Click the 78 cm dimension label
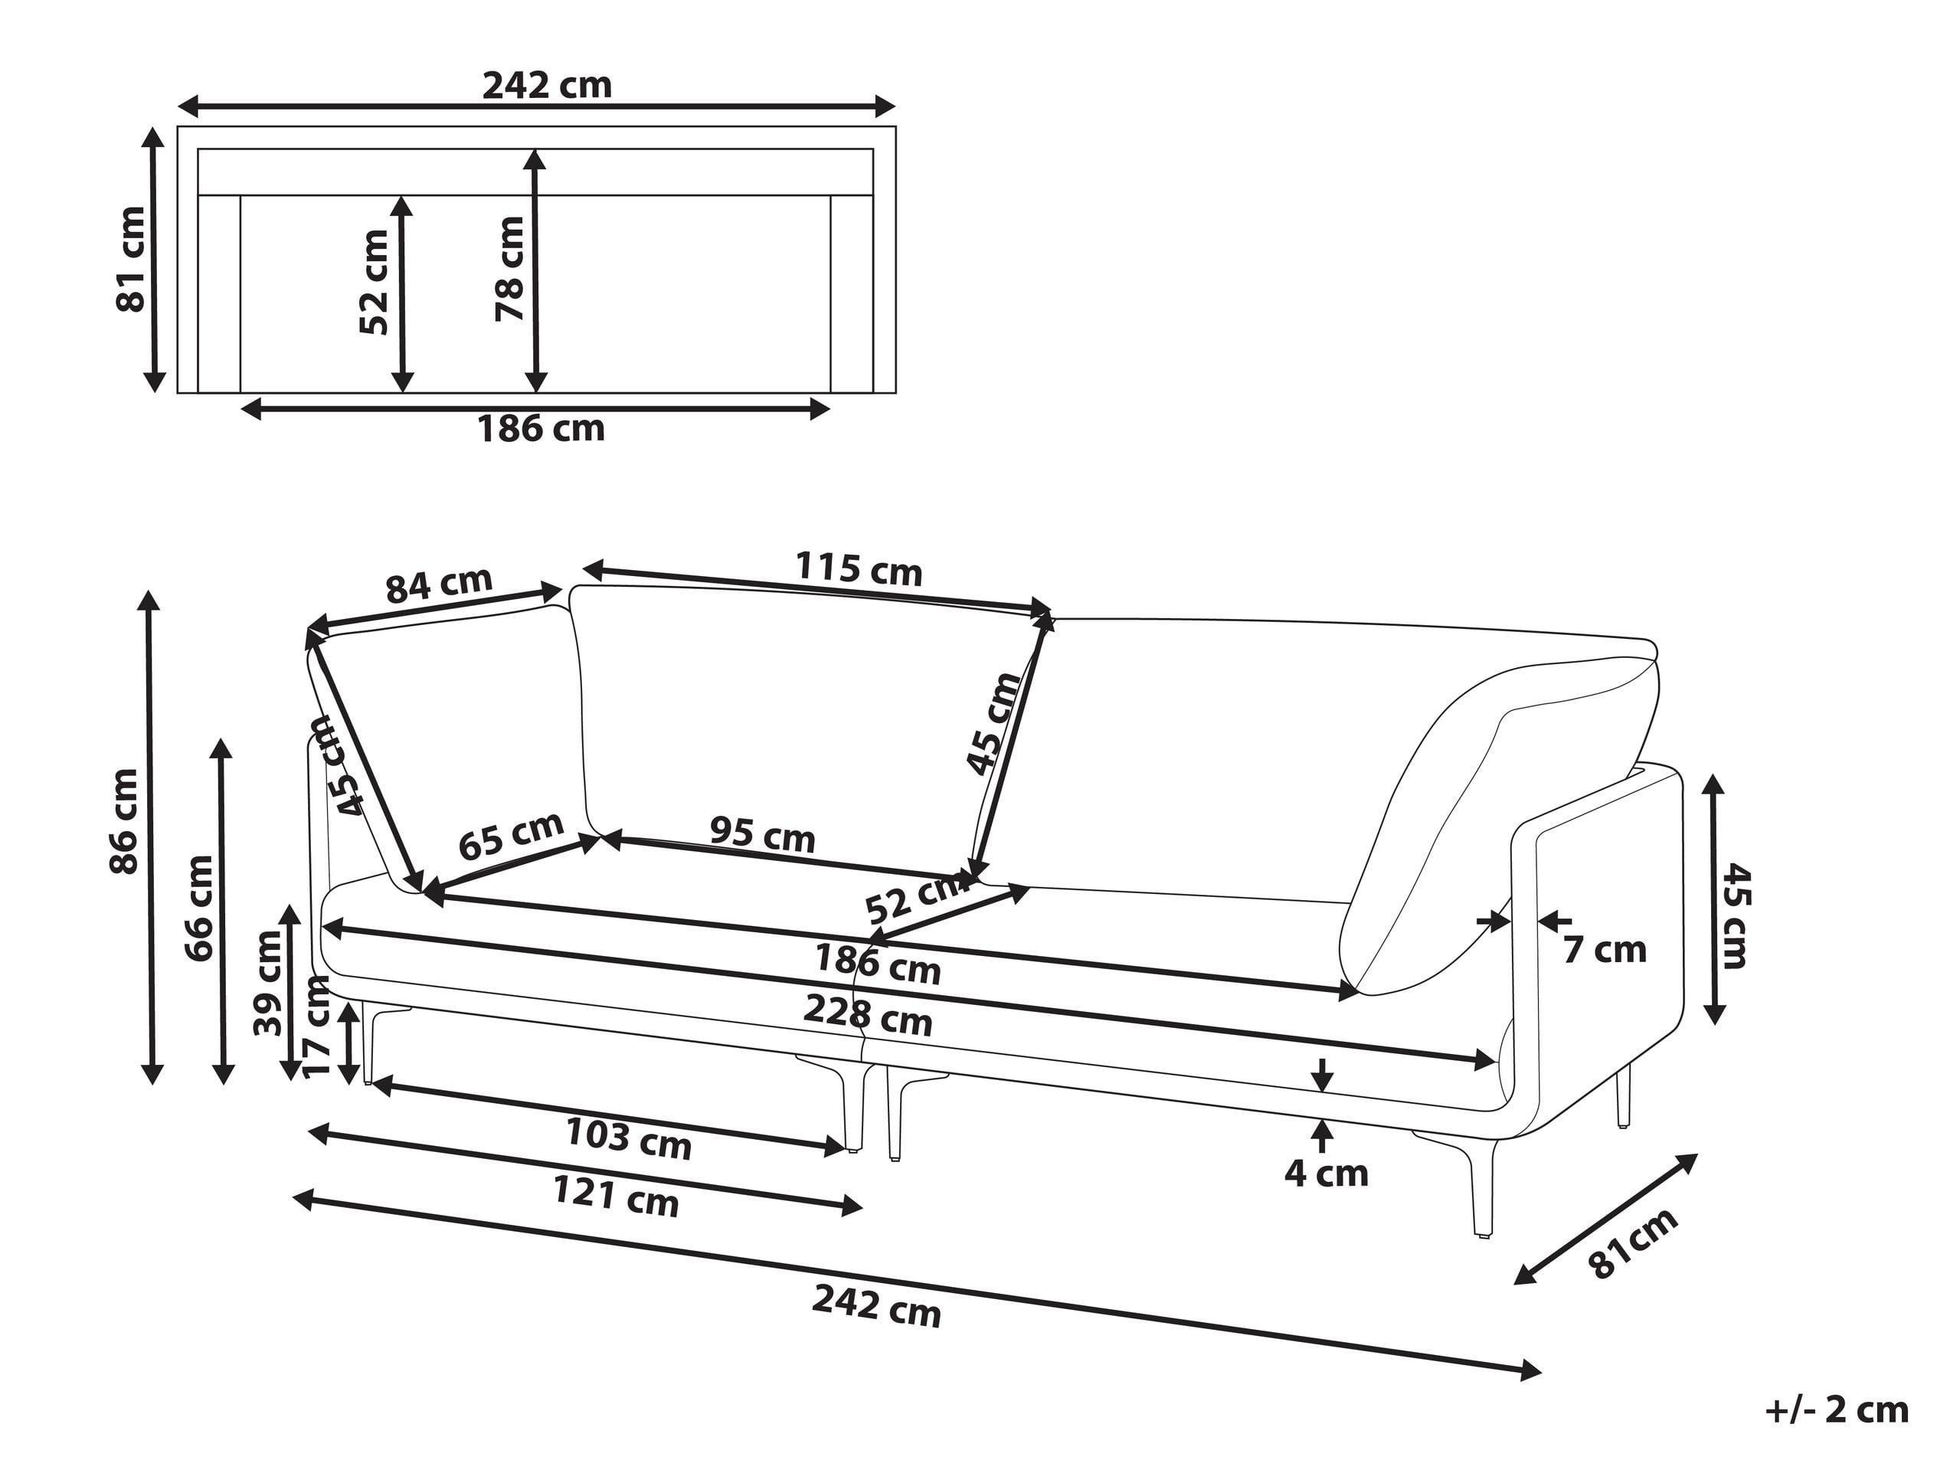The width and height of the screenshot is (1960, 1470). tap(510, 267)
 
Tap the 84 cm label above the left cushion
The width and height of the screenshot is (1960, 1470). tap(439, 584)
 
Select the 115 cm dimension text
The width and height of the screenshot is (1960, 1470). tap(859, 569)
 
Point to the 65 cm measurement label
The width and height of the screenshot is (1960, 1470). tap(512, 836)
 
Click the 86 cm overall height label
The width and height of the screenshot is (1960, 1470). tap(124, 821)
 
